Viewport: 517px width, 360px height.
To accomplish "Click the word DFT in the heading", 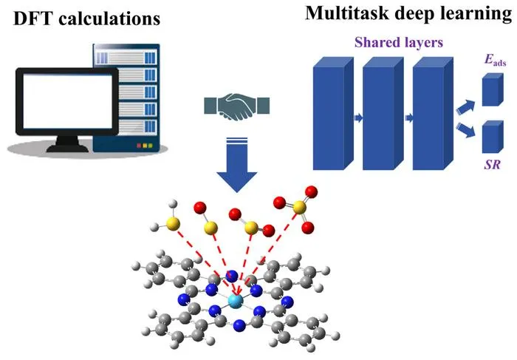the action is tap(33, 18).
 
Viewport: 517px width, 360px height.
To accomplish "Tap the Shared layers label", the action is tap(399, 42).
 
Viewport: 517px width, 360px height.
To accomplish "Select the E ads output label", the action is tap(495, 60).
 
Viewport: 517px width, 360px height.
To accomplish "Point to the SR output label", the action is tap(493, 164).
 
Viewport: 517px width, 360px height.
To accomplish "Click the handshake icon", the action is tap(237, 106).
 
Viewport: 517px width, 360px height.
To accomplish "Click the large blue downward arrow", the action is tap(237, 165).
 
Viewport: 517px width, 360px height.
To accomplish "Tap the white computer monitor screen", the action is tap(68, 101).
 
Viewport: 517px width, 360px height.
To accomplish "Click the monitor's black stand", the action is tap(68, 144).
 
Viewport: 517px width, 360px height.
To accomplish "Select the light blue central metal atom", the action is tap(236, 301).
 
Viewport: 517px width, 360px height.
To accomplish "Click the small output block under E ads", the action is tap(493, 89).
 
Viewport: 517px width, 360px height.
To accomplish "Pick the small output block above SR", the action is tap(493, 137).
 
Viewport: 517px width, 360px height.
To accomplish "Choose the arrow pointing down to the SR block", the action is tap(465, 129).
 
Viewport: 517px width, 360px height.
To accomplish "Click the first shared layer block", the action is tap(333, 113).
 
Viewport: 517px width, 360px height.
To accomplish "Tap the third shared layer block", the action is tap(433, 113).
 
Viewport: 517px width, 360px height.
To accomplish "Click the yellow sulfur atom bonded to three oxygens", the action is tap(299, 208).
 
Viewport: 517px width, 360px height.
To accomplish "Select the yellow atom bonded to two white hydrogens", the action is tap(173, 224).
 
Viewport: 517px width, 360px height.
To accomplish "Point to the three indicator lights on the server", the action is tap(145, 146).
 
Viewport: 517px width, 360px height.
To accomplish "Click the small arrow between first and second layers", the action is tap(358, 118).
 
